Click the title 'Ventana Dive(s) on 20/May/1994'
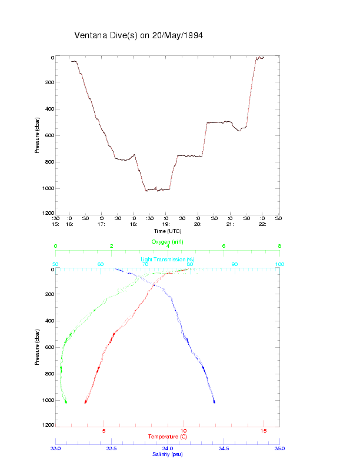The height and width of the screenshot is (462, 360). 139,35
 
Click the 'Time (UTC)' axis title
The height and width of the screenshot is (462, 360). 168,231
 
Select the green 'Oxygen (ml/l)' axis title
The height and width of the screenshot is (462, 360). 168,242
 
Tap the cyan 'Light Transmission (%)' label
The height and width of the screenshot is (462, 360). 167,260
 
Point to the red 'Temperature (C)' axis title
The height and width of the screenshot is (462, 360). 167,437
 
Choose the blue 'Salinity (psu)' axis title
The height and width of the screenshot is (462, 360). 167,454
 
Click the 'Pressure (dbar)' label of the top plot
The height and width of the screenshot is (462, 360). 37,135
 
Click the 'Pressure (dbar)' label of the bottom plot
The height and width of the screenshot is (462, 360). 37,347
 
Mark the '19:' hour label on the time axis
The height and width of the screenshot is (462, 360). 166,224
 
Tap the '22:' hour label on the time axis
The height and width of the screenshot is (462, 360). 262,224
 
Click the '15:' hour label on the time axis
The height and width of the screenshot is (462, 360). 55,224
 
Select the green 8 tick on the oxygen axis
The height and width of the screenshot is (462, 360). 279,247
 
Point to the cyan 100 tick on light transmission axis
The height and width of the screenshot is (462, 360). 279,264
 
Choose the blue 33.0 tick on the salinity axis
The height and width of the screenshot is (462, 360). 56,448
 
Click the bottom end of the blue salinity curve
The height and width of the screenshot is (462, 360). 215,403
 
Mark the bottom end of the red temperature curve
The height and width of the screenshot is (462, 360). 86,403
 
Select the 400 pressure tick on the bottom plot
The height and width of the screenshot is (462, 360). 49,321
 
